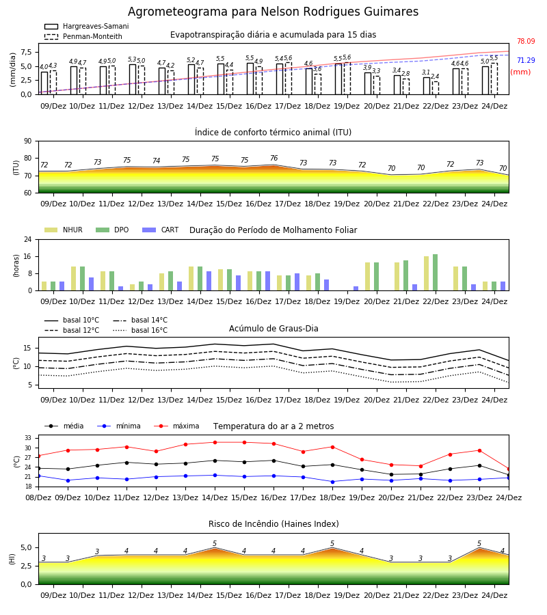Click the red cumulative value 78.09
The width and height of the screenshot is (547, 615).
pos(526,41)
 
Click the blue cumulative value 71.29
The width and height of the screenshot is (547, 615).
pos(526,60)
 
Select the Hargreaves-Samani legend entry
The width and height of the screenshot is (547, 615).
pos(86,26)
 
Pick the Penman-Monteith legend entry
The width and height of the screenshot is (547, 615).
pos(83,36)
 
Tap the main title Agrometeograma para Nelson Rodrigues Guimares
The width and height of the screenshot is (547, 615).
pos(273,12)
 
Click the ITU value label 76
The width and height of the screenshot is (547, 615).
pos(274,158)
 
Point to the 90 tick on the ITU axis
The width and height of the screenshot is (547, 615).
pos(27,141)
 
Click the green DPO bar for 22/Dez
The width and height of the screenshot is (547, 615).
pos(435,273)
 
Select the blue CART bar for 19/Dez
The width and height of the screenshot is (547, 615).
pos(356,288)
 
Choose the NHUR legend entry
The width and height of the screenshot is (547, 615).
pos(64,230)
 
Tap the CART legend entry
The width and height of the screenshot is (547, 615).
pos(161,230)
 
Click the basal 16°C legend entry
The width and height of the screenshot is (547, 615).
pos(140,330)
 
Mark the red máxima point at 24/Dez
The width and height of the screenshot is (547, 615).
pos(509,469)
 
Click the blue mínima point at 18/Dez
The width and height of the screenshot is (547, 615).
pos(333,482)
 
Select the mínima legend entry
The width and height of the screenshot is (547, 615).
pos(119,426)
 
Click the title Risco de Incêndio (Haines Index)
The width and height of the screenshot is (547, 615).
pos(273,524)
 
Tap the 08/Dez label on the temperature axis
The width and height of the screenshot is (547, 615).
pos(38,497)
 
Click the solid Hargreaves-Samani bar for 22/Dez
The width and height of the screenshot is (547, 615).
pos(427,86)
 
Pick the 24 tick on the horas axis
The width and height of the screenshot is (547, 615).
pos(27,239)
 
